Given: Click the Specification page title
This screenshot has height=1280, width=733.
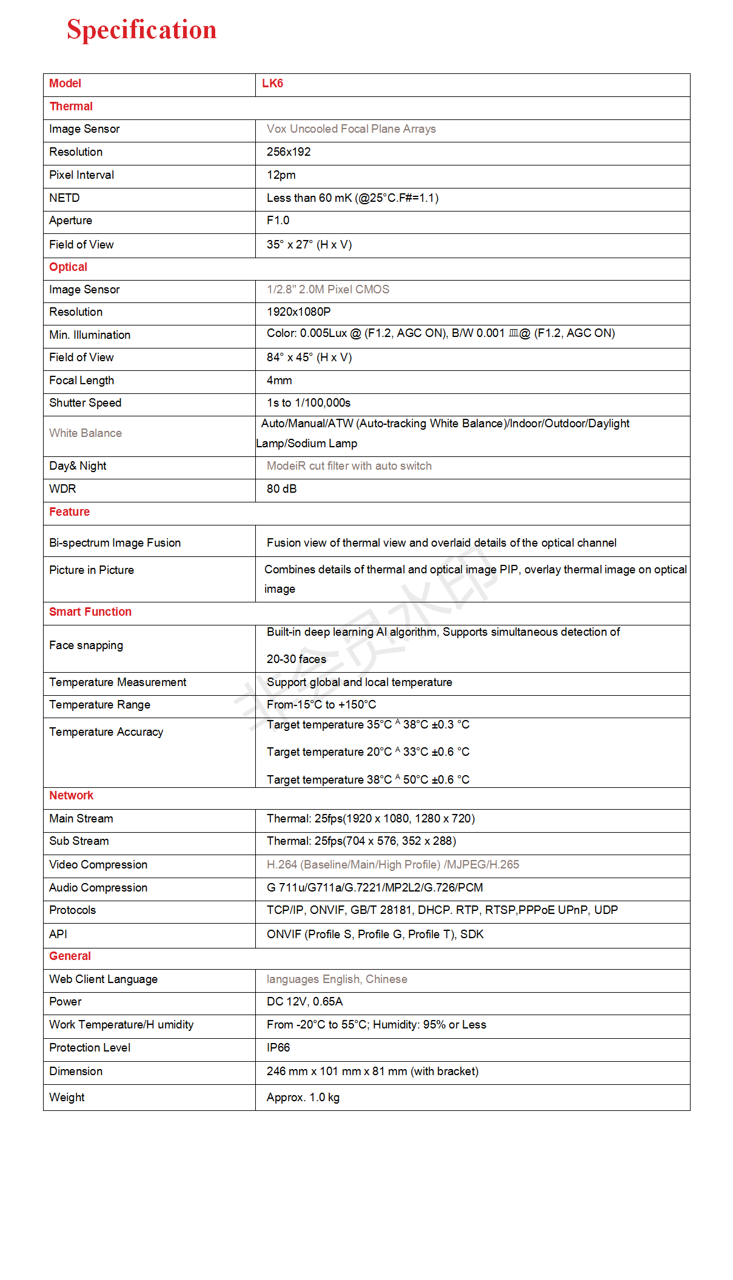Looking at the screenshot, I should click(x=141, y=30).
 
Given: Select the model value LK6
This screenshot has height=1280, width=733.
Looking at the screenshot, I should click(x=272, y=84).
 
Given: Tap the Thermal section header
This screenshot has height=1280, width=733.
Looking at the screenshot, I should click(x=71, y=107).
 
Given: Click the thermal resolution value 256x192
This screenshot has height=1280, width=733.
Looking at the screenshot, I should click(x=289, y=152).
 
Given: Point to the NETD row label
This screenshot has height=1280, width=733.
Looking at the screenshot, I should click(x=64, y=198).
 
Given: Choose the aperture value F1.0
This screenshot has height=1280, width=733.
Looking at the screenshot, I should click(x=278, y=221).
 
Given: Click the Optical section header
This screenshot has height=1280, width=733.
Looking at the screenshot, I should click(x=68, y=267).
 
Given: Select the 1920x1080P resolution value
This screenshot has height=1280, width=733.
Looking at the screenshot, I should click(x=298, y=312).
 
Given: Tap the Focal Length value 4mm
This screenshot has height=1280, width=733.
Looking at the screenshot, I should click(x=279, y=381).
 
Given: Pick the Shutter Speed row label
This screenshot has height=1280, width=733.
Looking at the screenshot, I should click(x=85, y=403).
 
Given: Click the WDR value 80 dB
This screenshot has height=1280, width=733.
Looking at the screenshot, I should click(x=281, y=489).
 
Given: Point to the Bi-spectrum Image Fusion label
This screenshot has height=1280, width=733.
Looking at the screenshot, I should click(x=115, y=543).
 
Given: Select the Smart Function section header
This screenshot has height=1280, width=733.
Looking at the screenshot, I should click(x=90, y=612).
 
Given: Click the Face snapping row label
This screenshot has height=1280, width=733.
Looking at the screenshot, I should click(x=86, y=645).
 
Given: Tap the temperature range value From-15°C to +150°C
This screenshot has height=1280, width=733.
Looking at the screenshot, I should click(x=321, y=705).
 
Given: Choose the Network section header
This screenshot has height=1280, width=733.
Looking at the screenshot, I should click(x=71, y=796).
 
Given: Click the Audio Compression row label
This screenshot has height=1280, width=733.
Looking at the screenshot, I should click(x=98, y=888).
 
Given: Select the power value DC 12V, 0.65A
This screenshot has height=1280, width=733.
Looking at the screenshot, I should click(x=304, y=1002).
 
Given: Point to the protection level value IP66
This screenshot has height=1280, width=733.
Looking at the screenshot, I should click(x=278, y=1048).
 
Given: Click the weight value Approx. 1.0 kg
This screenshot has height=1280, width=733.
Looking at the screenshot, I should click(x=303, y=1098).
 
